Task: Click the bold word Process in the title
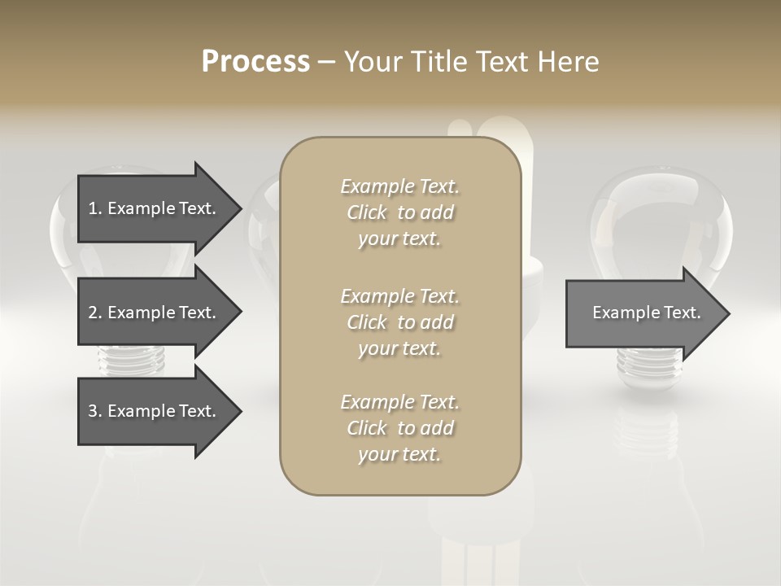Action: pyautogui.click(x=255, y=61)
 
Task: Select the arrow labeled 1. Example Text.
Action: pyautogui.click(x=155, y=208)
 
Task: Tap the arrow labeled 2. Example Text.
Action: pyautogui.click(x=155, y=313)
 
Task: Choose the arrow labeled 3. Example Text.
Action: pyautogui.click(x=155, y=411)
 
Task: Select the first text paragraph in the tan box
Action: pyautogui.click(x=399, y=212)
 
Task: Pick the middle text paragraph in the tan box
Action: pyautogui.click(x=399, y=322)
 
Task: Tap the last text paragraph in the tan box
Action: pyautogui.click(x=399, y=428)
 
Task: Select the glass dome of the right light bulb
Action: pyautogui.click(x=659, y=220)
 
